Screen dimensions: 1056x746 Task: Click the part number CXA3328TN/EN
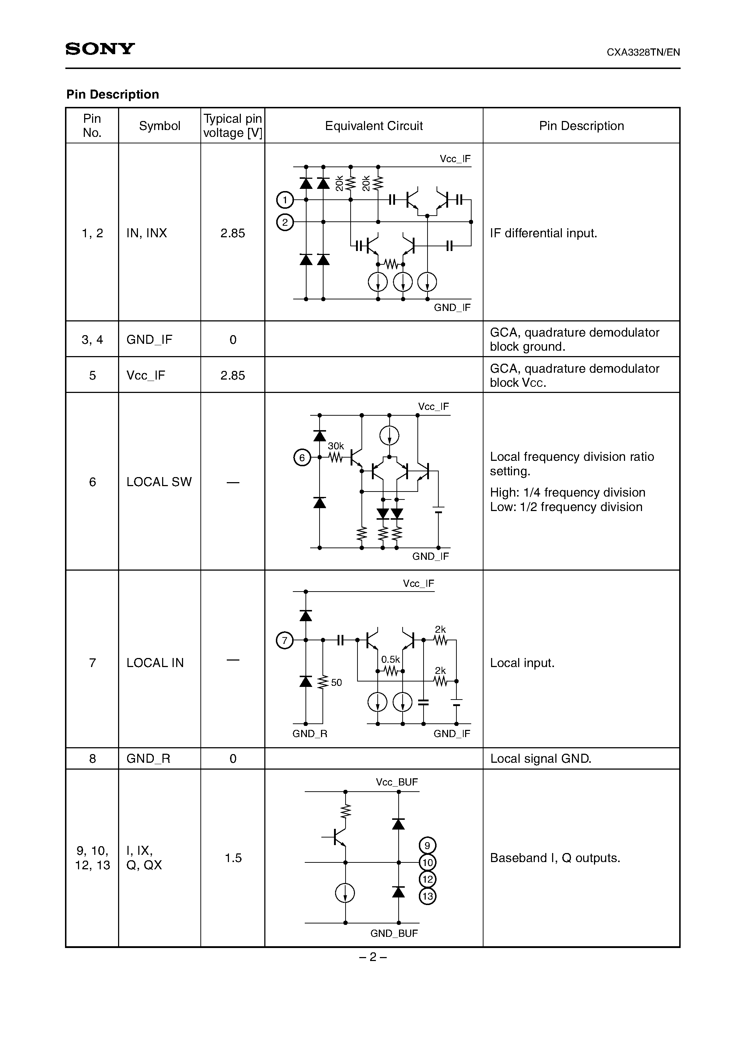pos(643,52)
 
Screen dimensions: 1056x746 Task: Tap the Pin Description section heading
pos(112,94)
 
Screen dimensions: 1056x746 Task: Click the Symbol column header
pos(159,126)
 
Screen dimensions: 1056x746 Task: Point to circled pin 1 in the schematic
pos(285,200)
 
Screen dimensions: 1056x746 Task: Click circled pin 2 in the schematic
pos(285,222)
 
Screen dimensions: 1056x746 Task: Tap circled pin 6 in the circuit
pos(302,458)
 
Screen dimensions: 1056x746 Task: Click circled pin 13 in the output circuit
pos(428,896)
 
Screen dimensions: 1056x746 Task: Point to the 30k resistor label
pos(336,446)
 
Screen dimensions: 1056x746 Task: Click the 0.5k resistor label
pos(390,659)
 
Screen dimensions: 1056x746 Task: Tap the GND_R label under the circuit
pos(309,733)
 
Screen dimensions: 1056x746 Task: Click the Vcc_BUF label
pos(396,782)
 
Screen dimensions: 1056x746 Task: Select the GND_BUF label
pos(394,933)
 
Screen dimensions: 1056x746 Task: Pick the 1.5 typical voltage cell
pos(233,858)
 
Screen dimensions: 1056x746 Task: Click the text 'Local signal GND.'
pos(541,758)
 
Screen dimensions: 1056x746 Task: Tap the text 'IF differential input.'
pos(543,233)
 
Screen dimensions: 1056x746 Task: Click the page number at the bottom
pos(373,957)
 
